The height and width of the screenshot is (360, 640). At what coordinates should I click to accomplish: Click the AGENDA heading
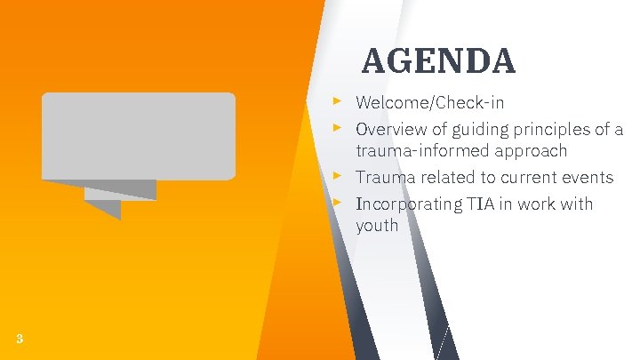[438, 61]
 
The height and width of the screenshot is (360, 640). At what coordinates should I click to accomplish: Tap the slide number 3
[20, 338]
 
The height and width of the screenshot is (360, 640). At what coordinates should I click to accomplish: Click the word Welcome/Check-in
[429, 102]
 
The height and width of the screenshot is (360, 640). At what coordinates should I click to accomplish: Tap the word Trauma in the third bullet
[383, 178]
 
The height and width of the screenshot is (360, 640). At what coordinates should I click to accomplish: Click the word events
[585, 178]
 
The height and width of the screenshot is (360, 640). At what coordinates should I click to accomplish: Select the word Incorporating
[408, 204]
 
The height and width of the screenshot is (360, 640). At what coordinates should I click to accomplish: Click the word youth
[377, 226]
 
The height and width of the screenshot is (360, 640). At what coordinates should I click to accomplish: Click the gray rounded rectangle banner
[139, 135]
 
